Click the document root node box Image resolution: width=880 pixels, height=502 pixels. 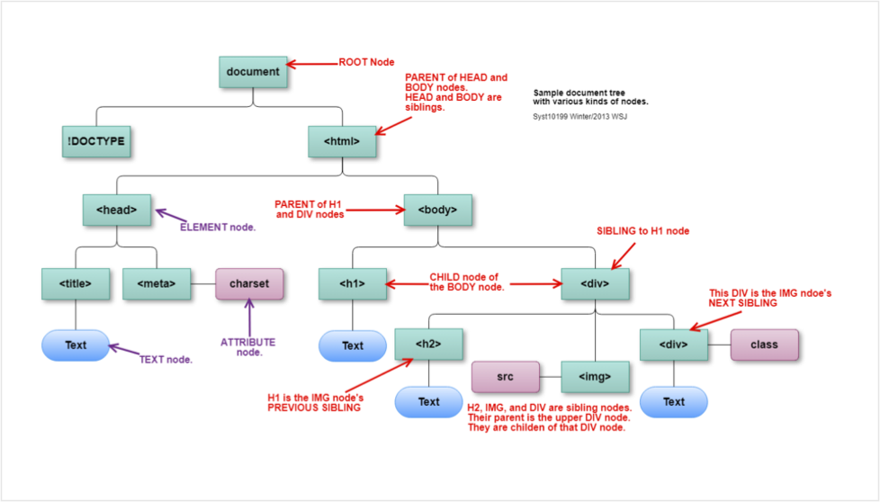[x=253, y=72]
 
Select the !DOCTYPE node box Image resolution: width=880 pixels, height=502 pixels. [x=95, y=141]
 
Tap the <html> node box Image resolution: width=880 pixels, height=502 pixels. [x=341, y=141]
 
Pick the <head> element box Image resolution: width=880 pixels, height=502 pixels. [x=116, y=210]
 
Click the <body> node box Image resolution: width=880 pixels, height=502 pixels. [x=437, y=210]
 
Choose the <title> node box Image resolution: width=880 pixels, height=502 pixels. [x=76, y=283]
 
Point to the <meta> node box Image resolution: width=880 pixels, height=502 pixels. [x=156, y=283]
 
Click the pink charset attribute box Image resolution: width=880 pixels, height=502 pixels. [x=249, y=283]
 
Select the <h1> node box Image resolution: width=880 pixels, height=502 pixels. [x=352, y=283]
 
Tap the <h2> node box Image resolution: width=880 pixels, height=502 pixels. [x=428, y=344]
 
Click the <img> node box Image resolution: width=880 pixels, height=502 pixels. [x=595, y=377]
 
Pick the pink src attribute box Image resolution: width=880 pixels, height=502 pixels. [x=505, y=377]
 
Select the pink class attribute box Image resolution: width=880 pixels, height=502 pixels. [x=764, y=344]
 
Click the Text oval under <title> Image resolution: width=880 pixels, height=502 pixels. [x=76, y=345]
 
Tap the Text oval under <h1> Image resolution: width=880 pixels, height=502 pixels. [x=352, y=345]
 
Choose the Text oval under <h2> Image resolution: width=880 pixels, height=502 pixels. [x=428, y=401]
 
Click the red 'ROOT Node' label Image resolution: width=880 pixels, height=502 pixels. [x=366, y=63]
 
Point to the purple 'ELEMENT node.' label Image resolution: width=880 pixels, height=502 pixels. [x=218, y=227]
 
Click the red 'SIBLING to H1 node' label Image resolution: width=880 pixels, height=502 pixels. [x=642, y=231]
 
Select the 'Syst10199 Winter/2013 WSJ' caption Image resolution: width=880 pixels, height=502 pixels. [x=580, y=117]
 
